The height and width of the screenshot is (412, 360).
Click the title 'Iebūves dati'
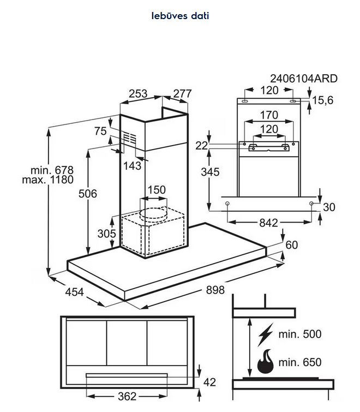[180, 16]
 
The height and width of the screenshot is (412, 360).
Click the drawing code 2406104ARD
[304, 79]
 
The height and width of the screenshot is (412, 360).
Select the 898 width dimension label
[215, 290]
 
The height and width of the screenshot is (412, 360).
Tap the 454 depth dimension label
[74, 292]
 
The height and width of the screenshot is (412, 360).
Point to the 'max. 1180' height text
[48, 180]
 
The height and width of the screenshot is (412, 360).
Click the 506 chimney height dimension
[88, 194]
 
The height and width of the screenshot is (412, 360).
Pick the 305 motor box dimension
[106, 234]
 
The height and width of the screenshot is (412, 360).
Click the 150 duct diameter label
[157, 190]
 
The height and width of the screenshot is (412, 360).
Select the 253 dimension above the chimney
[138, 93]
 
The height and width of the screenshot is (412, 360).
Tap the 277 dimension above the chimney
[183, 93]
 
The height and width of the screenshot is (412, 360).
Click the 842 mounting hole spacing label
[268, 223]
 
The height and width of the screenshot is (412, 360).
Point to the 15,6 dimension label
[323, 100]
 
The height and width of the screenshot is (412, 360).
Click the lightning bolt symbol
[266, 335]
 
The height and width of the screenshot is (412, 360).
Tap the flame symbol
[266, 362]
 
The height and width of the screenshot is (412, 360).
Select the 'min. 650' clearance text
[300, 362]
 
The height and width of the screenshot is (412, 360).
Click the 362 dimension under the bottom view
[127, 396]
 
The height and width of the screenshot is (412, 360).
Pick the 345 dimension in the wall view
[210, 172]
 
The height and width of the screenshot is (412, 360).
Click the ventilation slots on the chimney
[130, 138]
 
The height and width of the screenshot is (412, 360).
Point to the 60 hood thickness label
[291, 245]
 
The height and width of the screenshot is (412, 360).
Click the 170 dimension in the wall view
[269, 115]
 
